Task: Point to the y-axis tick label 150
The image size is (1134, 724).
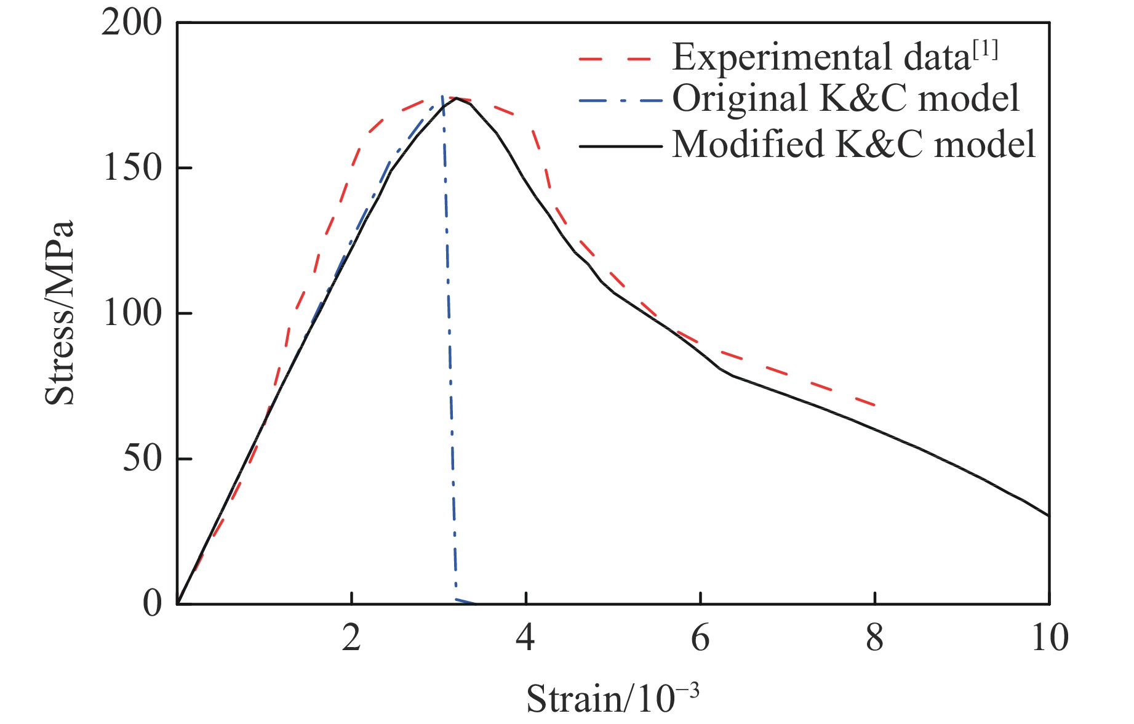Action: coord(131,167)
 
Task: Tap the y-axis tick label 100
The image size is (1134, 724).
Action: coord(131,313)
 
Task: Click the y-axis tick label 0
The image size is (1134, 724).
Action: coord(152,603)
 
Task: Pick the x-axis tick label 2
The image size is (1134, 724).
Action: coord(351,638)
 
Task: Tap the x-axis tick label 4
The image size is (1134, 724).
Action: coord(525,638)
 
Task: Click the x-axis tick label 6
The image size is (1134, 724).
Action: coord(700,638)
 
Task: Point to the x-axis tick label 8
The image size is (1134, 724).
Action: coord(874,638)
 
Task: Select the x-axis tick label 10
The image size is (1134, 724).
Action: coord(1049,638)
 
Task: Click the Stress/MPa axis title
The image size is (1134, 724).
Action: coord(60,313)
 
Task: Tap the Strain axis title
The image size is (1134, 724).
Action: coord(612,699)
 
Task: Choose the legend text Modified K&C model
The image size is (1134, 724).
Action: coord(854,144)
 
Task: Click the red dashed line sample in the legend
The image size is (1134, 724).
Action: coord(615,60)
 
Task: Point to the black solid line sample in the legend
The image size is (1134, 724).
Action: coord(620,147)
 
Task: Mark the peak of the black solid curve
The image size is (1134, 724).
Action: coord(457,98)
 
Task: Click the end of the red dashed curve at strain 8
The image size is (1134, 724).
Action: coord(874,405)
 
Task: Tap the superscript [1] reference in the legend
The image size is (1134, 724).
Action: coord(985,49)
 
